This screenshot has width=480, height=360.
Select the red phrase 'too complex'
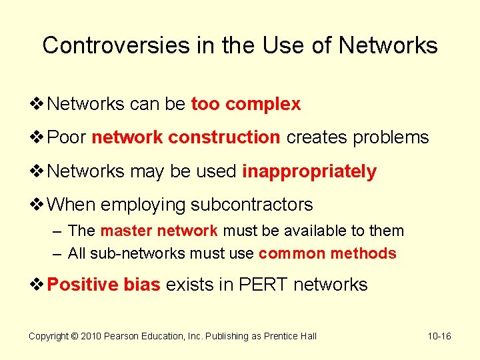pyautogui.click(x=245, y=105)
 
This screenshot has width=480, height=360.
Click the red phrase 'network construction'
pyautogui.click(x=185, y=137)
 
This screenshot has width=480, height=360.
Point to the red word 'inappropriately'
pyautogui.click(x=309, y=171)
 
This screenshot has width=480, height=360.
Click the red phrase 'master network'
pyautogui.click(x=159, y=231)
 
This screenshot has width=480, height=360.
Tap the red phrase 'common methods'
pyautogui.click(x=327, y=253)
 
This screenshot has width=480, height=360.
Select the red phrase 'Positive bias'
pyautogui.click(x=104, y=285)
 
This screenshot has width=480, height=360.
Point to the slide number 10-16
pyautogui.click(x=439, y=336)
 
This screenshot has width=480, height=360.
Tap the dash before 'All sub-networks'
pyautogui.click(x=57, y=253)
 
